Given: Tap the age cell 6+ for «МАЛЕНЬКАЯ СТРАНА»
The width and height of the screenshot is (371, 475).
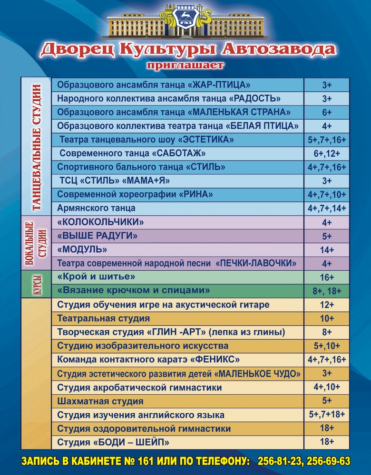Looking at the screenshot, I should point(326,113).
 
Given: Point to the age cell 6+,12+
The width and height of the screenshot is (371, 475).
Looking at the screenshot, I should point(326,153).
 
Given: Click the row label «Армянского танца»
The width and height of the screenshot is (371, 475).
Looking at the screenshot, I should point(96,208).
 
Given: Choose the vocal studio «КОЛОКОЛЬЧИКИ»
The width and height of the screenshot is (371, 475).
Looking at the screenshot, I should point(100,222).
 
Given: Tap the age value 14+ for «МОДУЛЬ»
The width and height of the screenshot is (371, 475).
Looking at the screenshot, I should point(326,250).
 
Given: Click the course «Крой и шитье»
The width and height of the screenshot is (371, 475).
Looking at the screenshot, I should point(96,276).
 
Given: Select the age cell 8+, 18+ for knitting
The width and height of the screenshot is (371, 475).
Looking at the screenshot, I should point(327,290).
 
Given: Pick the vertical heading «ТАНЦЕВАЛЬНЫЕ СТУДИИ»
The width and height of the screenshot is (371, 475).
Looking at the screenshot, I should point(36,147).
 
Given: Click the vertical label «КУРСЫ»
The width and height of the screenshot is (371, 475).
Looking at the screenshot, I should point(36,284).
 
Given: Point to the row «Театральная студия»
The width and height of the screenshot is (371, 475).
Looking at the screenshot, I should point(103,318).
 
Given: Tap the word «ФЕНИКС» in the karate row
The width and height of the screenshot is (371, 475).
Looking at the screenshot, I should point(214,360).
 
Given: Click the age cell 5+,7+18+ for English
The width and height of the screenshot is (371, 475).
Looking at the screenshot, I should point(326,414).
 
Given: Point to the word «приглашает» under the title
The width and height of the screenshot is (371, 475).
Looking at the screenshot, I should point(185,65).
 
